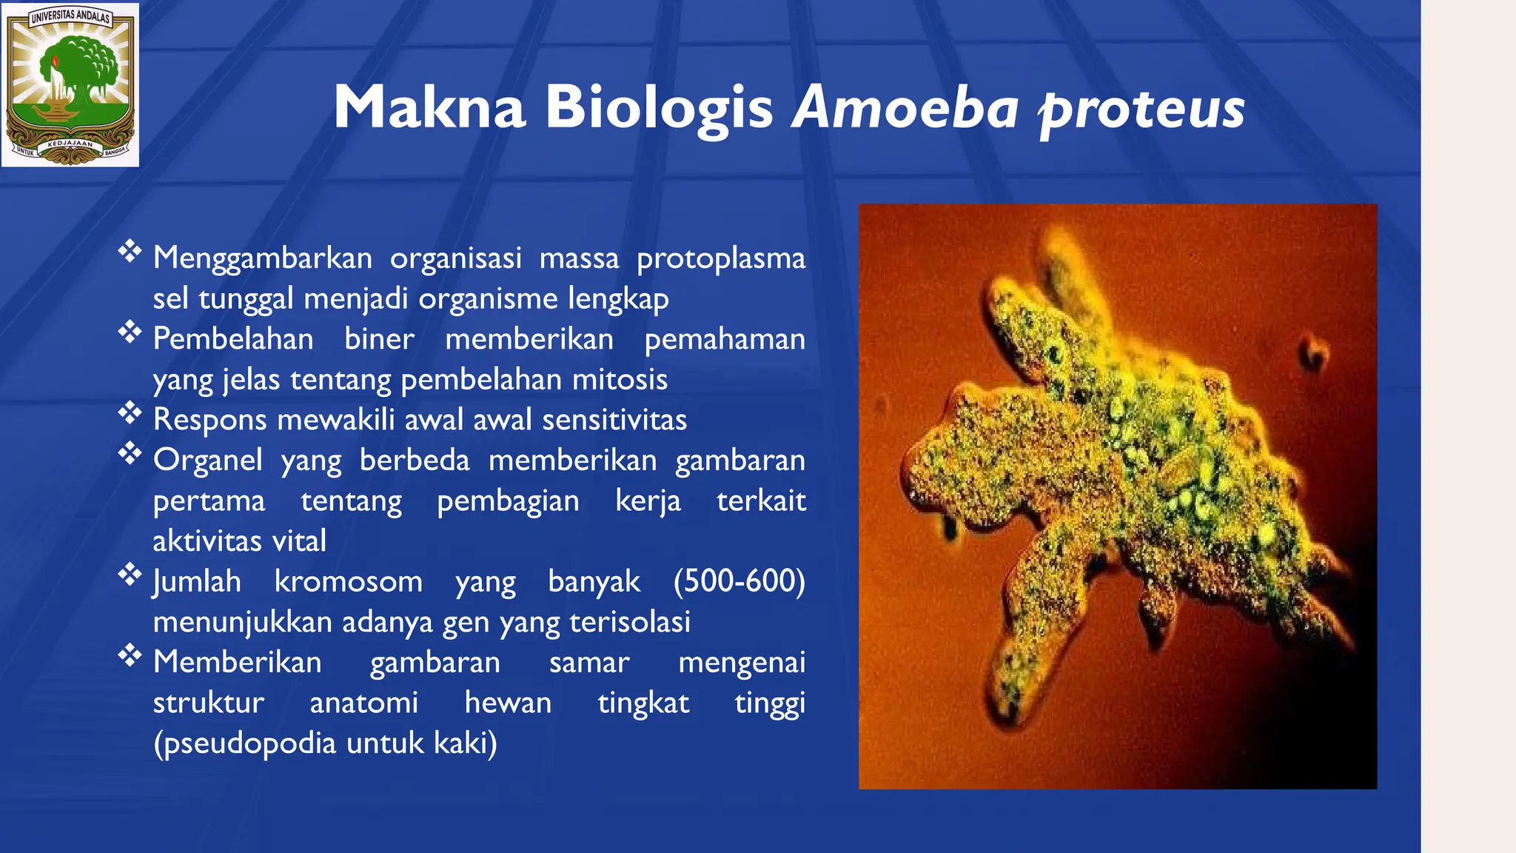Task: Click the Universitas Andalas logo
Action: (70, 84)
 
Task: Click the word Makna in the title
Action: (429, 108)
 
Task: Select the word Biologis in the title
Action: (659, 108)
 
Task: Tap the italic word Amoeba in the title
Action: (905, 108)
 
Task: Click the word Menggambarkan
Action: (262, 258)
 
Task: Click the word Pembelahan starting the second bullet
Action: (233, 339)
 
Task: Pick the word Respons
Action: (209, 420)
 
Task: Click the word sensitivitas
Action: (614, 420)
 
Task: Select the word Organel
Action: (207, 461)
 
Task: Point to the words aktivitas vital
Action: (239, 541)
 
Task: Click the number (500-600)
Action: (739, 581)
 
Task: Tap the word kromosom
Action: (348, 581)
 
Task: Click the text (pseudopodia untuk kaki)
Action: (325, 743)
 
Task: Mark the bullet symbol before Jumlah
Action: (130, 575)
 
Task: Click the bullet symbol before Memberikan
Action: (130, 655)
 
